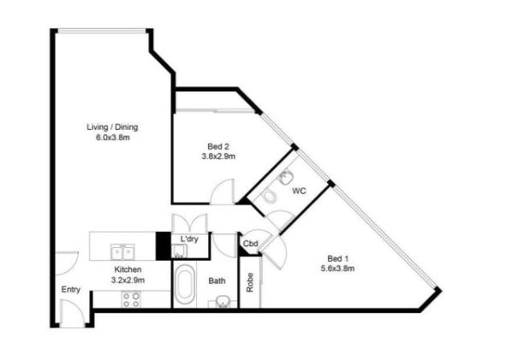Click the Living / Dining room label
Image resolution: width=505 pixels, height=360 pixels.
click(112, 127)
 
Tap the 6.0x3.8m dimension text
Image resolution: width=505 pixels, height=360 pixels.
click(113, 138)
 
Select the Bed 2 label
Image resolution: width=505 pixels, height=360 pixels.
click(218, 147)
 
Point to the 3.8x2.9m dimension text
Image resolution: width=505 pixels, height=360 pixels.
click(218, 156)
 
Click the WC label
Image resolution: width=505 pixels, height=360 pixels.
click(299, 191)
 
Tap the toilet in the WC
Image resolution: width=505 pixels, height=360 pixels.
click(270, 196)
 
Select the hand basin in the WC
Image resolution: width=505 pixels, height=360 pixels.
click(285, 177)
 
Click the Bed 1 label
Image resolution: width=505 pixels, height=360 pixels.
click(338, 258)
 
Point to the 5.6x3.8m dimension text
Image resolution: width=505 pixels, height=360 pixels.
click(338, 269)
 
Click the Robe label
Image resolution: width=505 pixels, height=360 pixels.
click(250, 282)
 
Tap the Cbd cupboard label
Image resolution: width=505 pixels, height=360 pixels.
click(251, 244)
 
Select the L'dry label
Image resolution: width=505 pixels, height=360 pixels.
click(189, 239)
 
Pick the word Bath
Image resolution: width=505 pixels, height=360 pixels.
click(217, 280)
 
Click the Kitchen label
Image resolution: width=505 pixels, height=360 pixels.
click(128, 269)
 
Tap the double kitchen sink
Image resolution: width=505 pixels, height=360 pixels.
click(122, 252)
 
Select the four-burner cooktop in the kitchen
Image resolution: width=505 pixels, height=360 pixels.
click(132, 299)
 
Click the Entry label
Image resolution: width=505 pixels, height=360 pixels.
click(71, 290)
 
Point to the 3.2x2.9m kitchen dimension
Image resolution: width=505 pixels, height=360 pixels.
click(128, 280)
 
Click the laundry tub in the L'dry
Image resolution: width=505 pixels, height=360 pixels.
click(179, 251)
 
